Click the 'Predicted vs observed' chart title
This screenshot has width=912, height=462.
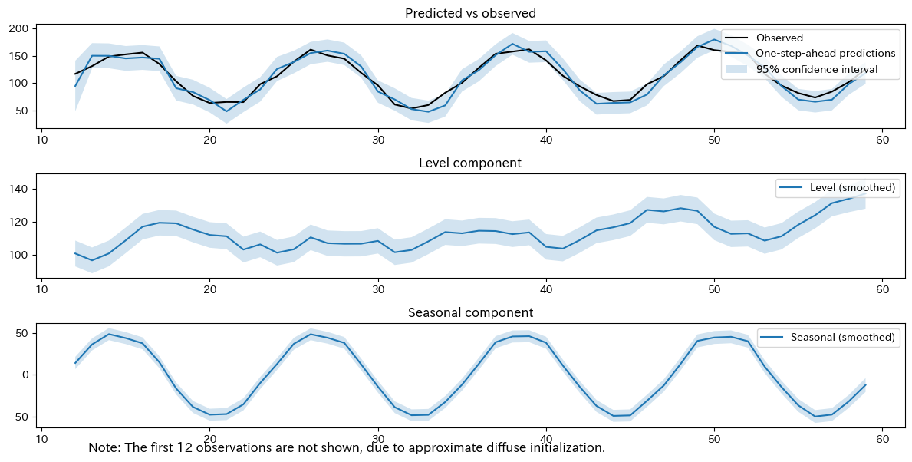pyautogui.click(x=471, y=13)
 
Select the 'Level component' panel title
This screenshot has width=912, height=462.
pyautogui.click(x=471, y=163)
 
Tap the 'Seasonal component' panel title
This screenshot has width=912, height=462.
pyautogui.click(x=471, y=312)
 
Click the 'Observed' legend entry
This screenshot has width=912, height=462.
pyautogui.click(x=779, y=38)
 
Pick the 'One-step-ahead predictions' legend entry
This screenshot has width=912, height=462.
pyautogui.click(x=825, y=54)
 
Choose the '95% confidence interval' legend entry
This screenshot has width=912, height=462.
pyautogui.click(x=817, y=70)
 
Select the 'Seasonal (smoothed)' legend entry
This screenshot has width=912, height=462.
pyautogui.click(x=842, y=338)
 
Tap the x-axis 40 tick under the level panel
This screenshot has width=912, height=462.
pyautogui.click(x=545, y=289)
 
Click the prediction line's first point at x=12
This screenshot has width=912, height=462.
pyautogui.click(x=75, y=86)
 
